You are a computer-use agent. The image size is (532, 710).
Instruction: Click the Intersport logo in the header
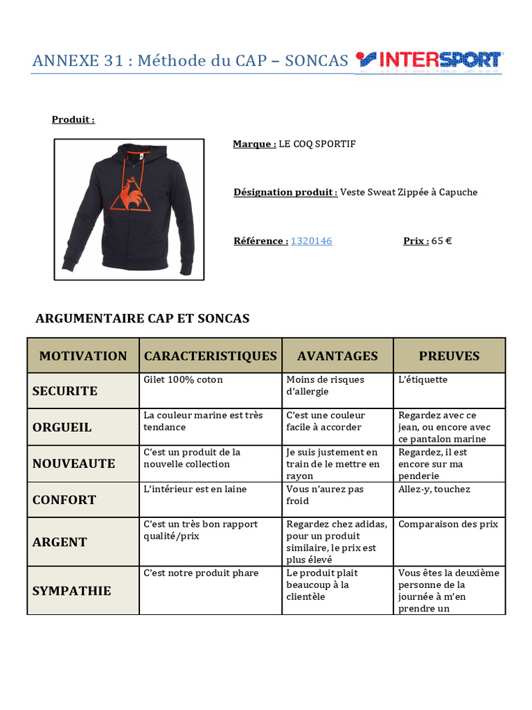pos(429,60)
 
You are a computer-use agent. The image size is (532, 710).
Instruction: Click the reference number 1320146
pos(311,241)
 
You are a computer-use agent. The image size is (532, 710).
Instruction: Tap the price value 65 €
pos(441,241)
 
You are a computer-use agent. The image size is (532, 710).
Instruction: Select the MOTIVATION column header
pos(83,356)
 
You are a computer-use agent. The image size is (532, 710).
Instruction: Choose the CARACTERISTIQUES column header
pos(210,356)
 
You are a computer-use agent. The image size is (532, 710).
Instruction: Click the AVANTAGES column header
pos(337,356)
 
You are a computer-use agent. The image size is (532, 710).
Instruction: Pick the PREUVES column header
pos(449,356)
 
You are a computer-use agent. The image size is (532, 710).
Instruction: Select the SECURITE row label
pos(65,391)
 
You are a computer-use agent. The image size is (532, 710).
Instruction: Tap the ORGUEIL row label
pos(62,427)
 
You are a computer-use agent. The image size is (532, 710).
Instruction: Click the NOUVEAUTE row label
pos(73,463)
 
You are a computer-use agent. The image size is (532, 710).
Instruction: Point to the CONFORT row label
pos(64,499)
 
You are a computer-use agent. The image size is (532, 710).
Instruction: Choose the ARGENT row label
pos(60,542)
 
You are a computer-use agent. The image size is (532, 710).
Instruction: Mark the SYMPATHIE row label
pos(71,591)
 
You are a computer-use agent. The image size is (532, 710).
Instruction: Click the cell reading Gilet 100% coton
pos(183,380)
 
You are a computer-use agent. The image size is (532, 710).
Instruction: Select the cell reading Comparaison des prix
pos(447,524)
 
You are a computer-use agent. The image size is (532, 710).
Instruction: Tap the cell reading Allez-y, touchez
pos(434,489)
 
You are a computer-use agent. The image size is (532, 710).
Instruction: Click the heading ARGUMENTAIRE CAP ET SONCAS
pos(142,318)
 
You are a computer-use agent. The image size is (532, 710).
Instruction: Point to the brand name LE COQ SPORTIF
pos(317,144)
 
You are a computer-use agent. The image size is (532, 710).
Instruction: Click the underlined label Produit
pos(73,119)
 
